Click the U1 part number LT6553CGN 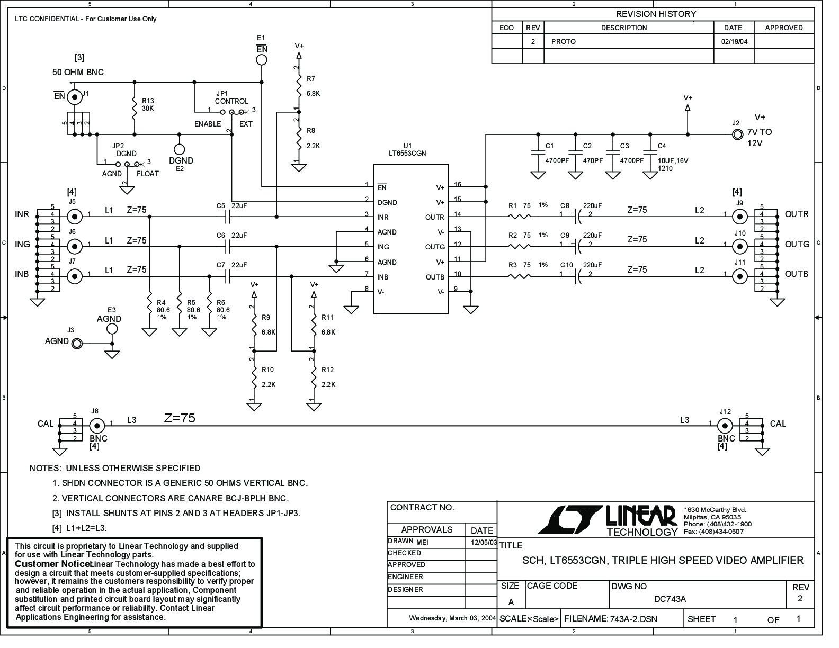point(407,153)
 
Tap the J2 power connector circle point(737,134)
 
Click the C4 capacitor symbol point(650,153)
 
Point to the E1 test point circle point(261,60)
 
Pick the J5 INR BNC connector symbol point(75,217)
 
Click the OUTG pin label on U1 point(435,247)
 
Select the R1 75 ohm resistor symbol point(520,217)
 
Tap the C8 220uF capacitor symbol point(578,217)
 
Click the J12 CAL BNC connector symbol point(725,426)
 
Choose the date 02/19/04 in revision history point(734,42)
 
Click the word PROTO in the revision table point(564,42)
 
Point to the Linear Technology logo point(608,520)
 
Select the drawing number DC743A point(670,599)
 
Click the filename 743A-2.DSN point(633,619)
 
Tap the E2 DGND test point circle point(179,149)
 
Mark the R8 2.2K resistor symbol point(298,137)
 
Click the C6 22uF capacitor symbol point(227,247)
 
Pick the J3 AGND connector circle point(77,344)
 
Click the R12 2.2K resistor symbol point(314,376)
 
